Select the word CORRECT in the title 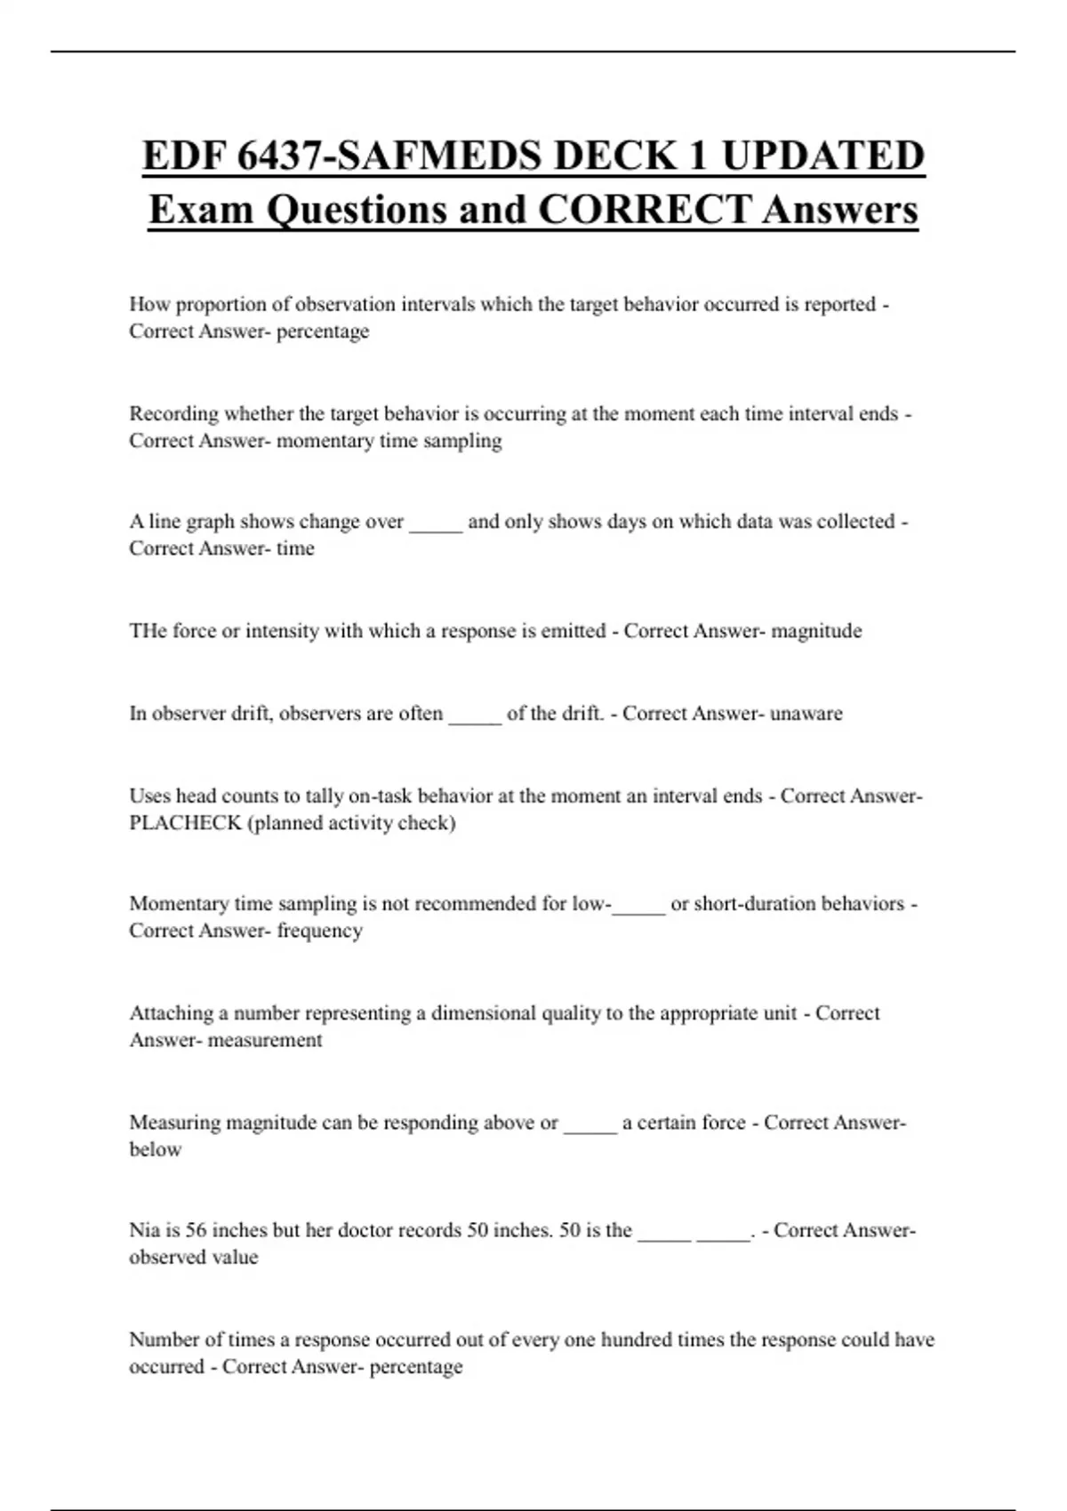645,210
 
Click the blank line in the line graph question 436,522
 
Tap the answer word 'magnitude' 816,631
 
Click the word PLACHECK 185,823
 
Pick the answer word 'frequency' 319,931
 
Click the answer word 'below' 155,1149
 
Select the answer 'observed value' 193,1258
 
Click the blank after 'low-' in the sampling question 638,904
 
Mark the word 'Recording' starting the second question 173,414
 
